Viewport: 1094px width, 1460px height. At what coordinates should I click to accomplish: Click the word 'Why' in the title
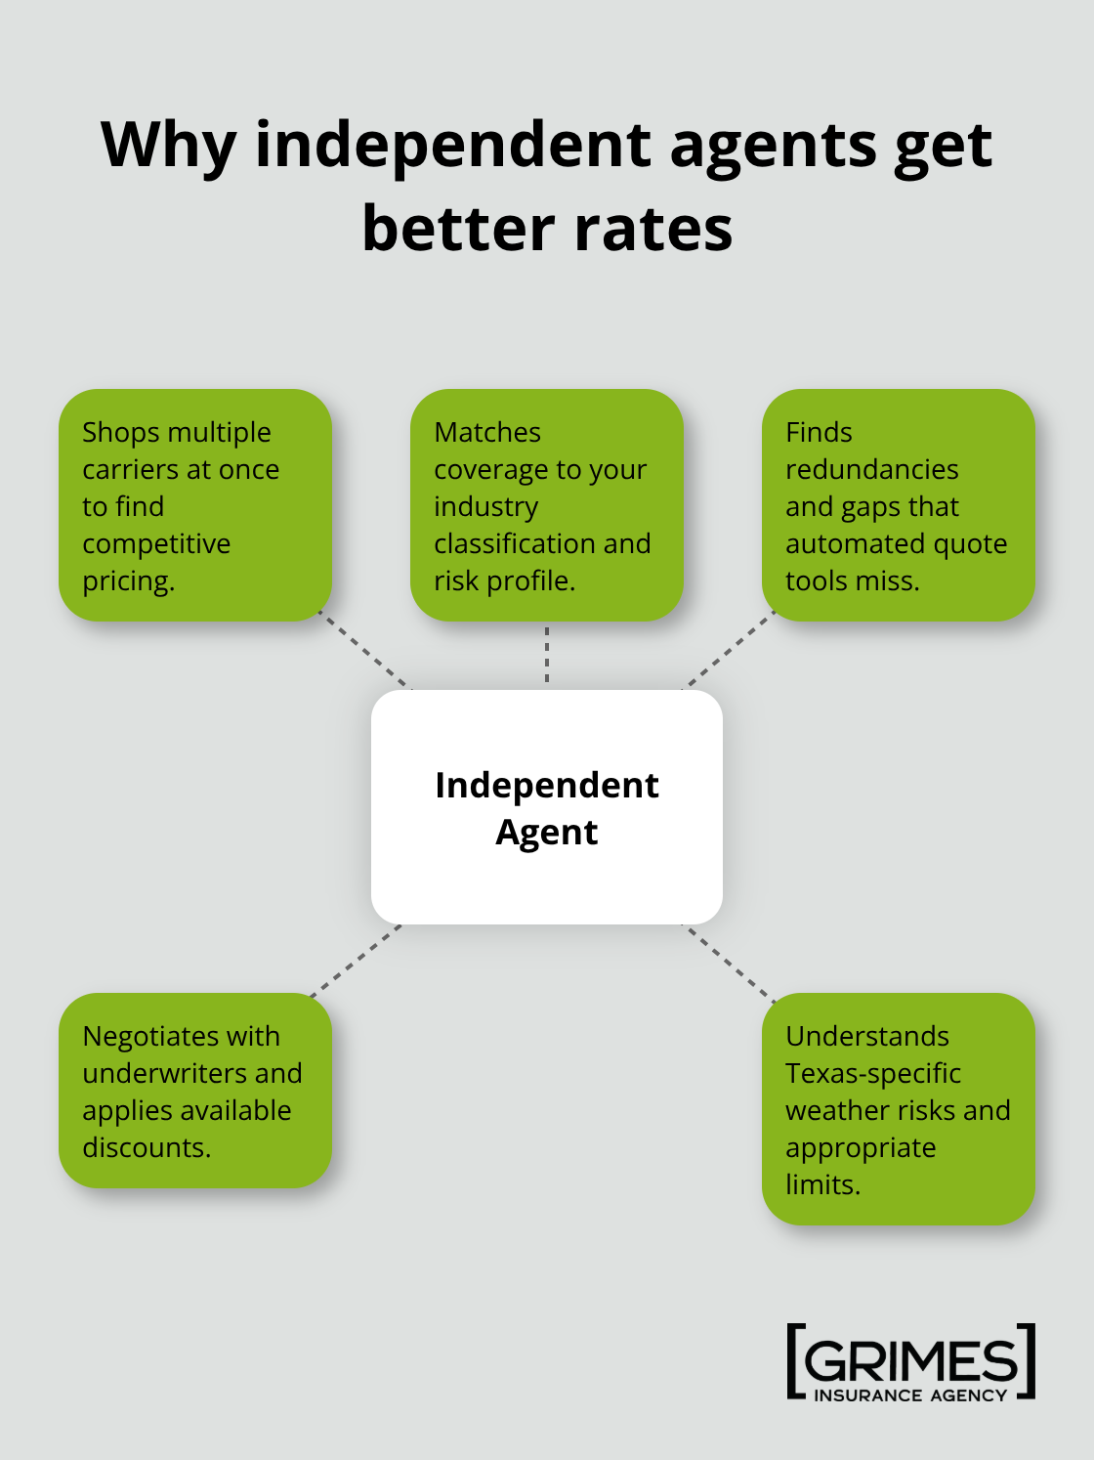point(168,146)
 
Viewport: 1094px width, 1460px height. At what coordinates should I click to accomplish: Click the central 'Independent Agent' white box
point(547,807)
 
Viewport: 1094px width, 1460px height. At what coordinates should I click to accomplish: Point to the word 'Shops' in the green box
point(121,432)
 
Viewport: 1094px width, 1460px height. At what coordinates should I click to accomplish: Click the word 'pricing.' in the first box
point(128,580)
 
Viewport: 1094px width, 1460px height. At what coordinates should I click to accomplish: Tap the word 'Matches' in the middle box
point(487,432)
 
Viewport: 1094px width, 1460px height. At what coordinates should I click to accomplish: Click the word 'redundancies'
point(871,469)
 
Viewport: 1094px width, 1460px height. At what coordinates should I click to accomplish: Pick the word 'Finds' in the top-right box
point(819,432)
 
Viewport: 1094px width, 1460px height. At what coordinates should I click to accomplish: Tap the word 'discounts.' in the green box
point(147,1147)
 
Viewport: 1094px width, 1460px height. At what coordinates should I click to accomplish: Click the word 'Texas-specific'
point(873,1073)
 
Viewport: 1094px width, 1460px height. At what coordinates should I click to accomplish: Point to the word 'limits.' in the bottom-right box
point(822,1184)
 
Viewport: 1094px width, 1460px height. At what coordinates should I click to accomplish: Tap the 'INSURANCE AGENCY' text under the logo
point(910,1396)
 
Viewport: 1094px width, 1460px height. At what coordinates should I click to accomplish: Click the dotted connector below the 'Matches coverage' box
point(547,655)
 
